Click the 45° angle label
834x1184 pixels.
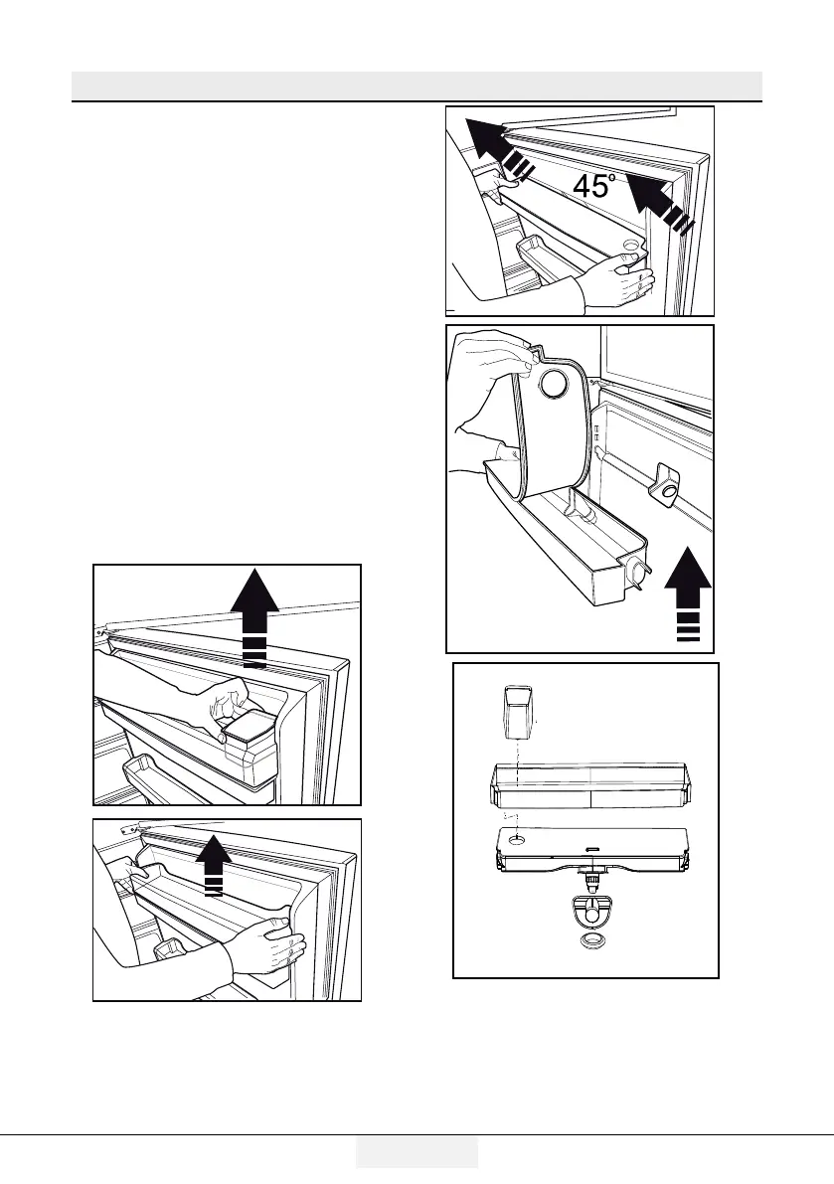click(x=595, y=186)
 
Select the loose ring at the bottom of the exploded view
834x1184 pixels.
click(x=594, y=942)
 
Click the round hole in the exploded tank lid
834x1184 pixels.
click(x=516, y=841)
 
